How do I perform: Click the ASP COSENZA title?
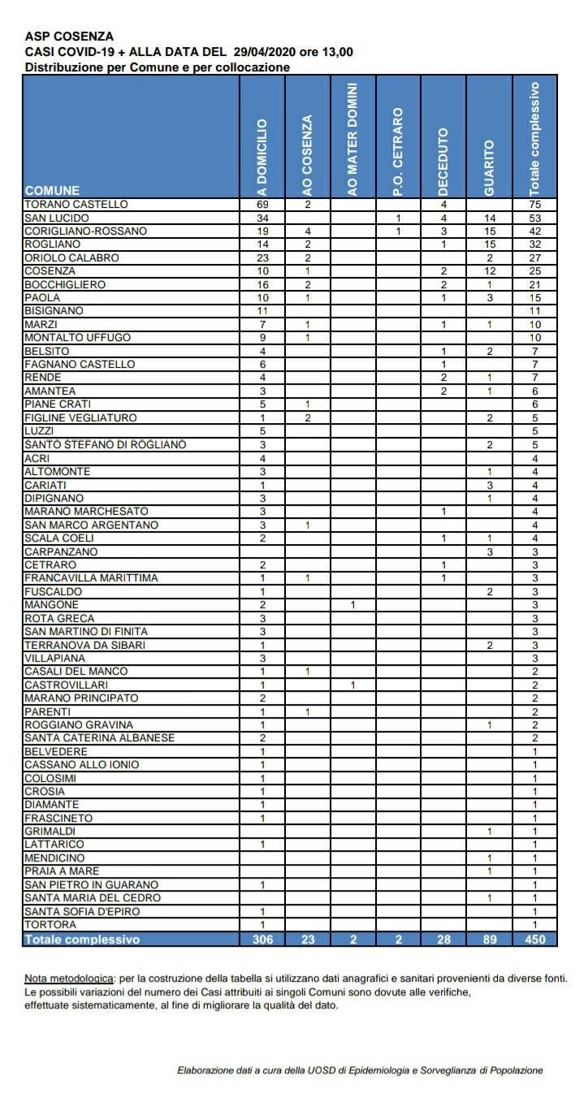tap(69, 37)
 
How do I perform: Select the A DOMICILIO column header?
tap(262, 156)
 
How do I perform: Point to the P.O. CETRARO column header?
tap(398, 151)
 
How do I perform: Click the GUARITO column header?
tap(489, 167)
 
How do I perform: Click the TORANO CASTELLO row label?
tap(76, 205)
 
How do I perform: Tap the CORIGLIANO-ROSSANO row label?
tap(86, 231)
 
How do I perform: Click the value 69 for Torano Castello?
tap(262, 205)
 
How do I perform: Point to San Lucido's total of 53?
tap(534, 218)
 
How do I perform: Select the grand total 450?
tap(534, 940)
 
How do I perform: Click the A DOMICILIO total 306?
tap(262, 940)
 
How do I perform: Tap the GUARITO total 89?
tap(489, 940)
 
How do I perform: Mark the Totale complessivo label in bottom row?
tap(83, 940)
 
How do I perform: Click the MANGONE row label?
tap(52, 605)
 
